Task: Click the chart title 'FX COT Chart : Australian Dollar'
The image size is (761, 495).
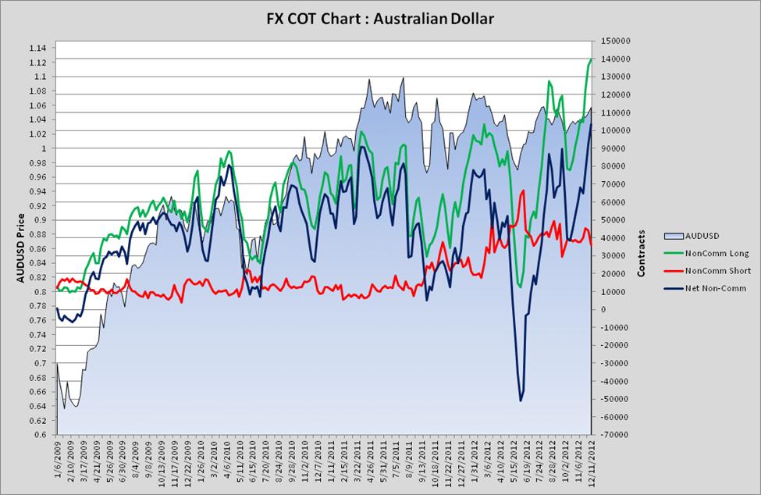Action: point(380,17)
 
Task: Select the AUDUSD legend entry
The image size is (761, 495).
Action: point(702,235)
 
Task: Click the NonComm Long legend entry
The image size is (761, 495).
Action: point(717,253)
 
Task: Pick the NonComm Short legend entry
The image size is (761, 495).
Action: point(717,271)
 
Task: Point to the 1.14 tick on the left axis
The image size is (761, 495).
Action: point(37,48)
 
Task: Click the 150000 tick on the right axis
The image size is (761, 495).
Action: point(613,41)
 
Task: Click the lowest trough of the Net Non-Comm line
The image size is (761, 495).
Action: point(521,401)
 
